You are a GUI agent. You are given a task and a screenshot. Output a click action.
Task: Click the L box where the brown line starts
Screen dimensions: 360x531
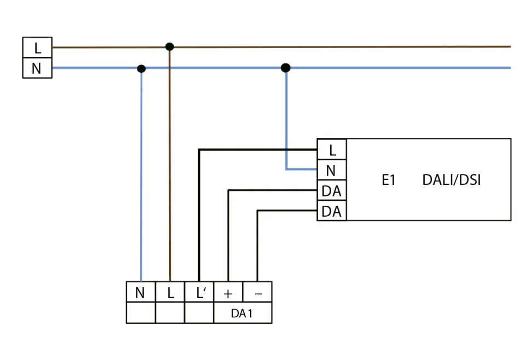(37, 48)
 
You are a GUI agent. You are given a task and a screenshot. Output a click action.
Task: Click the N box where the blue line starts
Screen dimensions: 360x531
(37, 69)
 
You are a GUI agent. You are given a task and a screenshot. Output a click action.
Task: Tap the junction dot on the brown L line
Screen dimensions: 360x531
(170, 47)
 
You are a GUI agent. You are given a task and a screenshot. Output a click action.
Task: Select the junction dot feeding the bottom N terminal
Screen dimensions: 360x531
(141, 68)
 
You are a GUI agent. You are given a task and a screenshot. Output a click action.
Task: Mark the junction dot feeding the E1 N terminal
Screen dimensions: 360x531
(285, 68)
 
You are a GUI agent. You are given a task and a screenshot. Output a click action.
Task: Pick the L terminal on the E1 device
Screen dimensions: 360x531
(332, 149)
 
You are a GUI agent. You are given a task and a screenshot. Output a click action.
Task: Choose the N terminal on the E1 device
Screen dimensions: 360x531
(332, 170)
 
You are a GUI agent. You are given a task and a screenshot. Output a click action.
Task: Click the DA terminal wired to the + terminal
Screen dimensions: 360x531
(332, 191)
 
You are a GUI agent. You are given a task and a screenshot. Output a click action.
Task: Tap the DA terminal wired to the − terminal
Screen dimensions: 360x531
(332, 211)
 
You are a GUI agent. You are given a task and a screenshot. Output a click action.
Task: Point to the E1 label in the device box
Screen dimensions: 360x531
(389, 180)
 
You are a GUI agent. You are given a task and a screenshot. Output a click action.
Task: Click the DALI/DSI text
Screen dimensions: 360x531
(451, 180)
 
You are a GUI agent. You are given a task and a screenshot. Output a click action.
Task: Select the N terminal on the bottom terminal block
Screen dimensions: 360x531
(141, 293)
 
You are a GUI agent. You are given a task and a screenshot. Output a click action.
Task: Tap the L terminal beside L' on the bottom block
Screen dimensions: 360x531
(170, 293)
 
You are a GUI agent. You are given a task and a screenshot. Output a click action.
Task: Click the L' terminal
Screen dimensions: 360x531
(199, 293)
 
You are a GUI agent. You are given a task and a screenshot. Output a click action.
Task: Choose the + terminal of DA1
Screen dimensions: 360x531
(228, 293)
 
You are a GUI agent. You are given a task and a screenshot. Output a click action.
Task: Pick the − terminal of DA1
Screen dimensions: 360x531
(257, 293)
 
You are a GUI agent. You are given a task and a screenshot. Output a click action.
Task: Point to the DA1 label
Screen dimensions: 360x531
(243, 314)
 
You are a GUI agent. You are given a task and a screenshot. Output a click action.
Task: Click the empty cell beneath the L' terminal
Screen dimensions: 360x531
(199, 313)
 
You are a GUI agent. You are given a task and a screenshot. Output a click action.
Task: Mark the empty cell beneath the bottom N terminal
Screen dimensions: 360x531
(141, 313)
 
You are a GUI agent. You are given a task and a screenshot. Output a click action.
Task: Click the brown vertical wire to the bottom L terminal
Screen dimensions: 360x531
(170, 164)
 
